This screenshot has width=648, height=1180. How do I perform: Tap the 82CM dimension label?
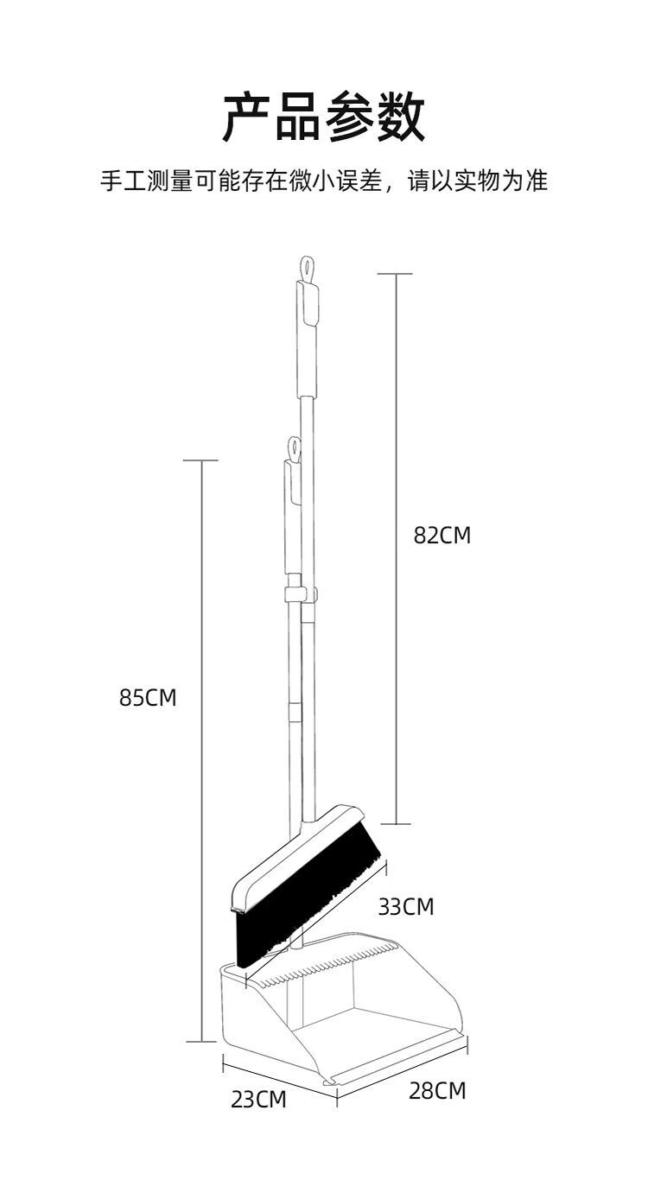442,536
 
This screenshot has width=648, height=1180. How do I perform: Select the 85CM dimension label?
148,697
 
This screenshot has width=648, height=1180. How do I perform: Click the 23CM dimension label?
258,1100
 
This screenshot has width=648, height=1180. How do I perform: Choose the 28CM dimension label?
437,1090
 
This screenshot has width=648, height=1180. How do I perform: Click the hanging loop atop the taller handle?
307,269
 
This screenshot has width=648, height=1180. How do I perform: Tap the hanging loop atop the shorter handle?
295,449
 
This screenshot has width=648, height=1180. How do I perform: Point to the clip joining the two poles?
301,593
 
